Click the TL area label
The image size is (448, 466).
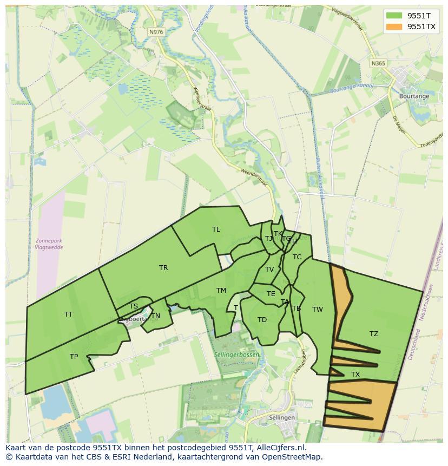click(x=216, y=229)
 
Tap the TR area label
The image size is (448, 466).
click(x=163, y=268)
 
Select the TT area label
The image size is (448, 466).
click(x=68, y=314)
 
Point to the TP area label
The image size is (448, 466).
click(x=74, y=357)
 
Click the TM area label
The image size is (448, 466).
click(x=221, y=291)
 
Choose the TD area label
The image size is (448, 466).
click(x=262, y=320)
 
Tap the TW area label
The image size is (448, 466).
click(x=318, y=310)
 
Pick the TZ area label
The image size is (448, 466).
click(x=374, y=334)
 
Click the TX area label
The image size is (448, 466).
click(x=355, y=375)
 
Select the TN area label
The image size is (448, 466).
click(x=156, y=316)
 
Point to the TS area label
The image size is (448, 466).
click(x=134, y=306)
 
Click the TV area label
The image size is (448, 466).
click(x=269, y=270)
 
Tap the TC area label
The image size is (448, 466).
click(x=297, y=257)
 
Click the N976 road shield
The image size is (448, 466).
click(x=156, y=32)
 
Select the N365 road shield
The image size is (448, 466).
click(x=379, y=63)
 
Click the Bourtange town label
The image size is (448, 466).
click(x=414, y=96)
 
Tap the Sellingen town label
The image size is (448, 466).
click(x=282, y=418)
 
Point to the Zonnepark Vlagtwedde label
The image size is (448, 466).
click(x=49, y=244)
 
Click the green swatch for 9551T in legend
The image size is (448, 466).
click(x=394, y=16)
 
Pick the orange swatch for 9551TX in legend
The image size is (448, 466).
click(x=394, y=26)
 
